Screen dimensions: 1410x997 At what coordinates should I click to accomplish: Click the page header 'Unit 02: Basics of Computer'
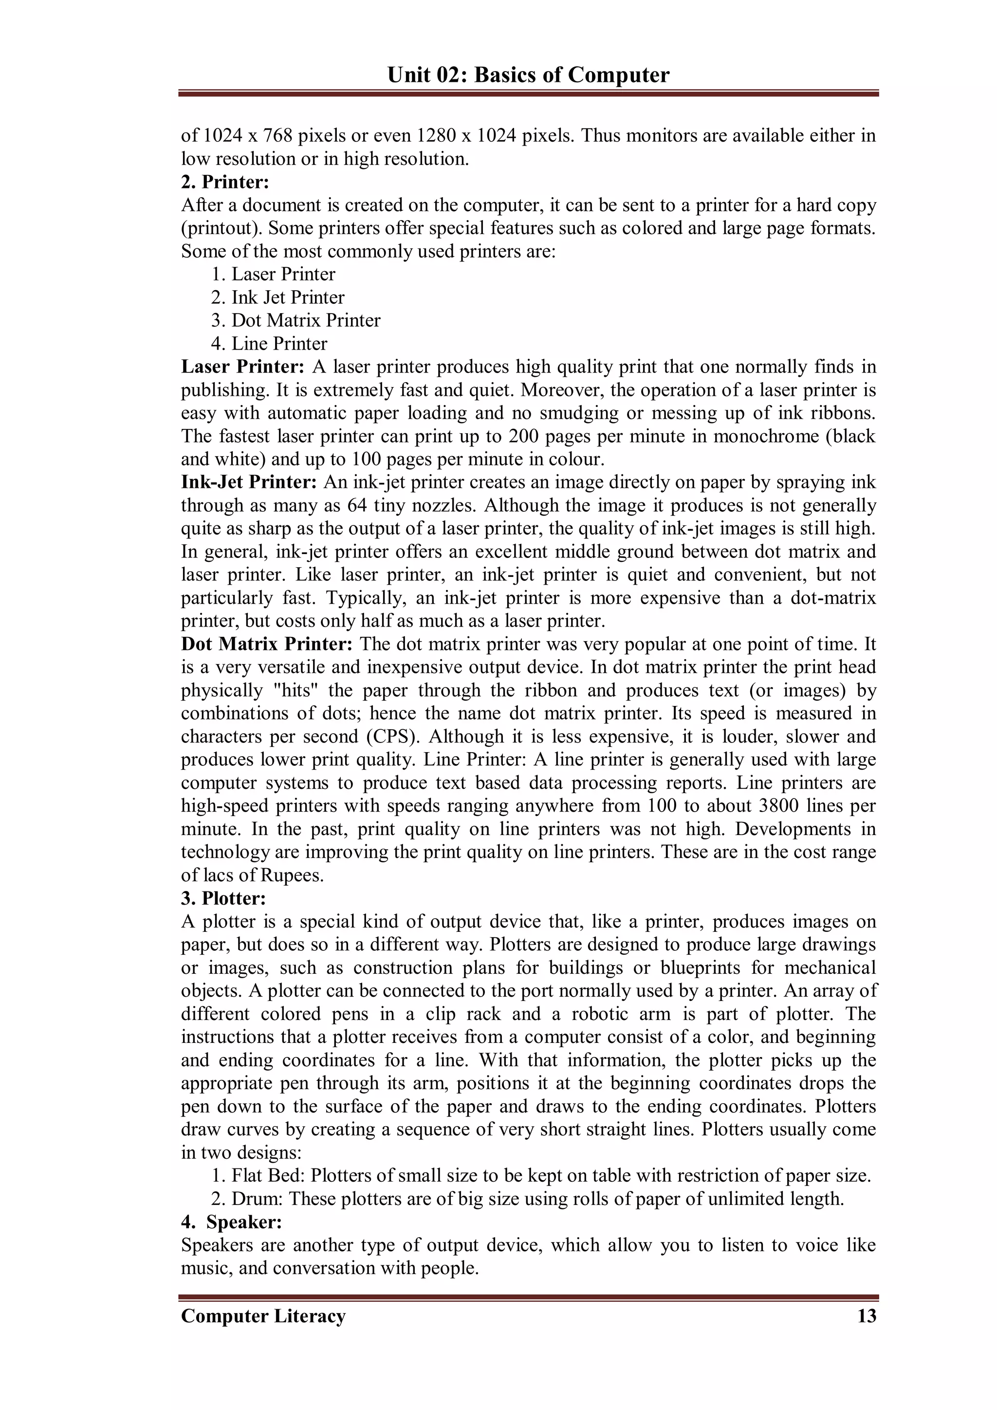pyautogui.click(x=528, y=75)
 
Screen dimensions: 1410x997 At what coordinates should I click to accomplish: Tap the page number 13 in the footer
pyautogui.click(x=866, y=1316)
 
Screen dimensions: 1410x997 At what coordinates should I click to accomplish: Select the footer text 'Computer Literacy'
pyautogui.click(x=263, y=1316)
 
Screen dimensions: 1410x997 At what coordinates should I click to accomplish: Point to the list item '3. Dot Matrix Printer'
pyautogui.click(x=295, y=320)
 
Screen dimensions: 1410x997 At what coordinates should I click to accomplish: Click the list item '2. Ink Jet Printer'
pyautogui.click(x=277, y=297)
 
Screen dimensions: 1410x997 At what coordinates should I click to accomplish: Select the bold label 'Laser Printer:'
pyautogui.click(x=242, y=367)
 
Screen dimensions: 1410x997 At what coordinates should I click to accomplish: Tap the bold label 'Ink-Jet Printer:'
pyautogui.click(x=249, y=482)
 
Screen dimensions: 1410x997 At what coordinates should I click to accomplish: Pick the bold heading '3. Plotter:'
pyautogui.click(x=223, y=898)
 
